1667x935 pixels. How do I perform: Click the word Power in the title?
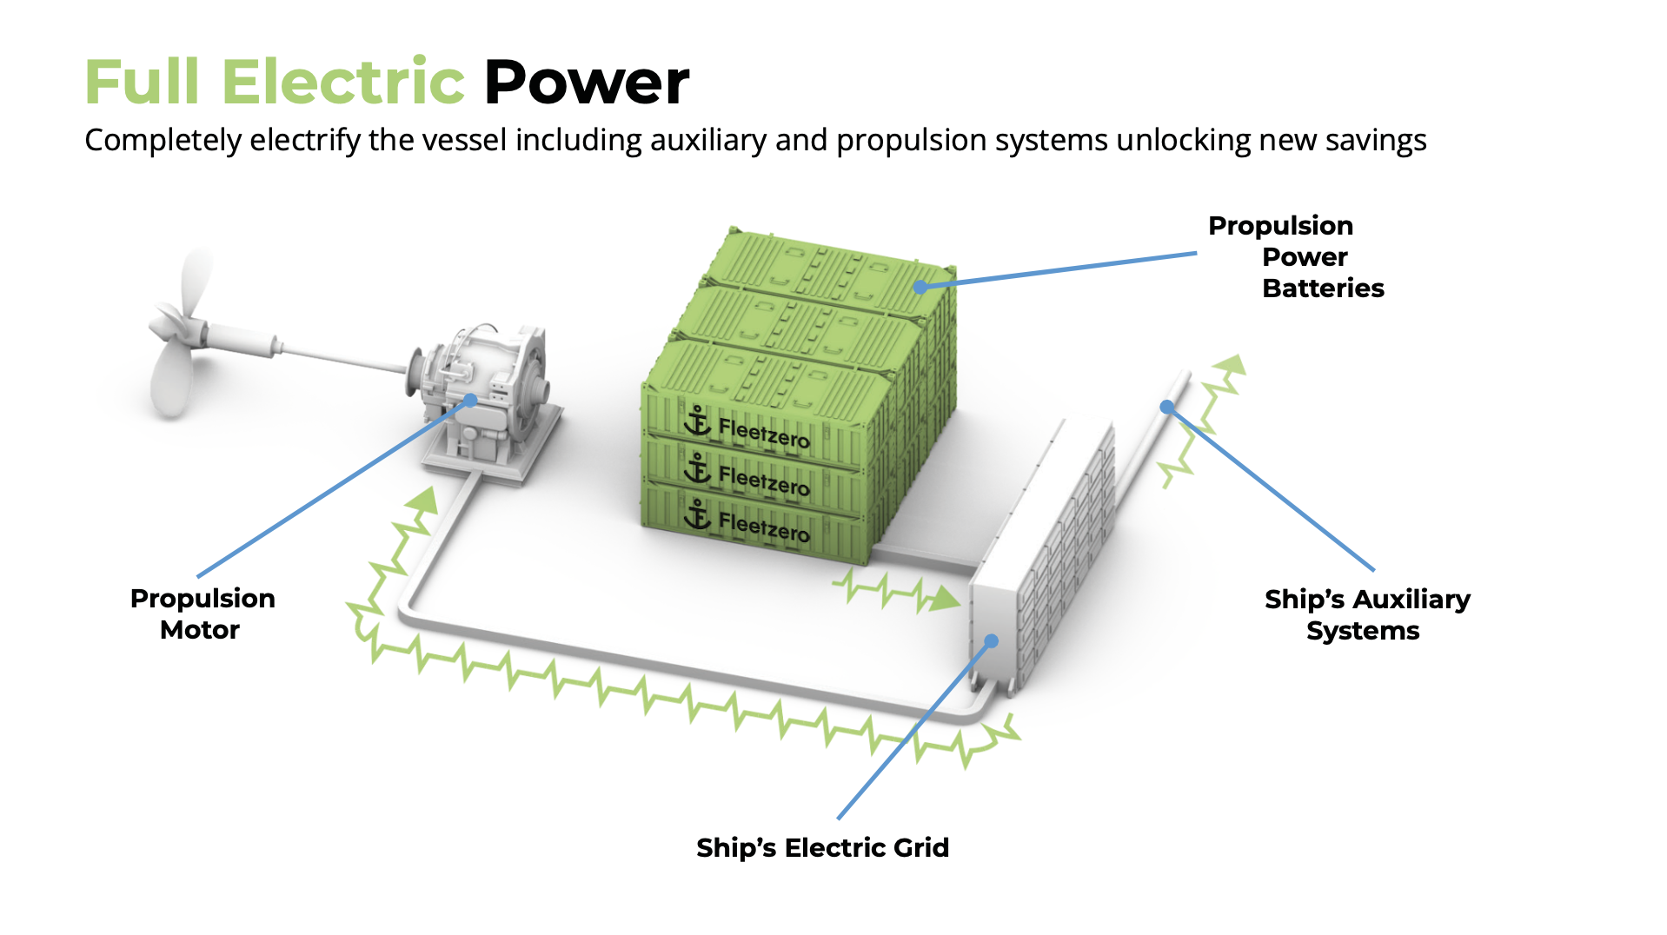586,83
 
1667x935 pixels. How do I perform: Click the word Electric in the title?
343,83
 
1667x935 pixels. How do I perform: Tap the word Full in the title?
142,83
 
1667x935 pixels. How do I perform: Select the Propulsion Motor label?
202,613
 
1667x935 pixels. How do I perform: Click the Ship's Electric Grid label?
822,847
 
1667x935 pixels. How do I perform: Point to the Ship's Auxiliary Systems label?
1366,614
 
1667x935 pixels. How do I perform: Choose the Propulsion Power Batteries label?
1295,256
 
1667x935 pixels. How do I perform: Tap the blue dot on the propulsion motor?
470,401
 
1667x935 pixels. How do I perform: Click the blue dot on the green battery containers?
920,287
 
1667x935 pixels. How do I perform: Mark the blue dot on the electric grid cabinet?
991,641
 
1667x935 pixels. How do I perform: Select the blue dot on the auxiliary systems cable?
1166,407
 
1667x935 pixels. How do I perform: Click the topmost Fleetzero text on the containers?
763,432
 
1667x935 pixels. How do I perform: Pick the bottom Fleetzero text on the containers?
763,527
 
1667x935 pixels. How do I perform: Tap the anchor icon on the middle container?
697,468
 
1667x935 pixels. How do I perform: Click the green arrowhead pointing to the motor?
425,500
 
